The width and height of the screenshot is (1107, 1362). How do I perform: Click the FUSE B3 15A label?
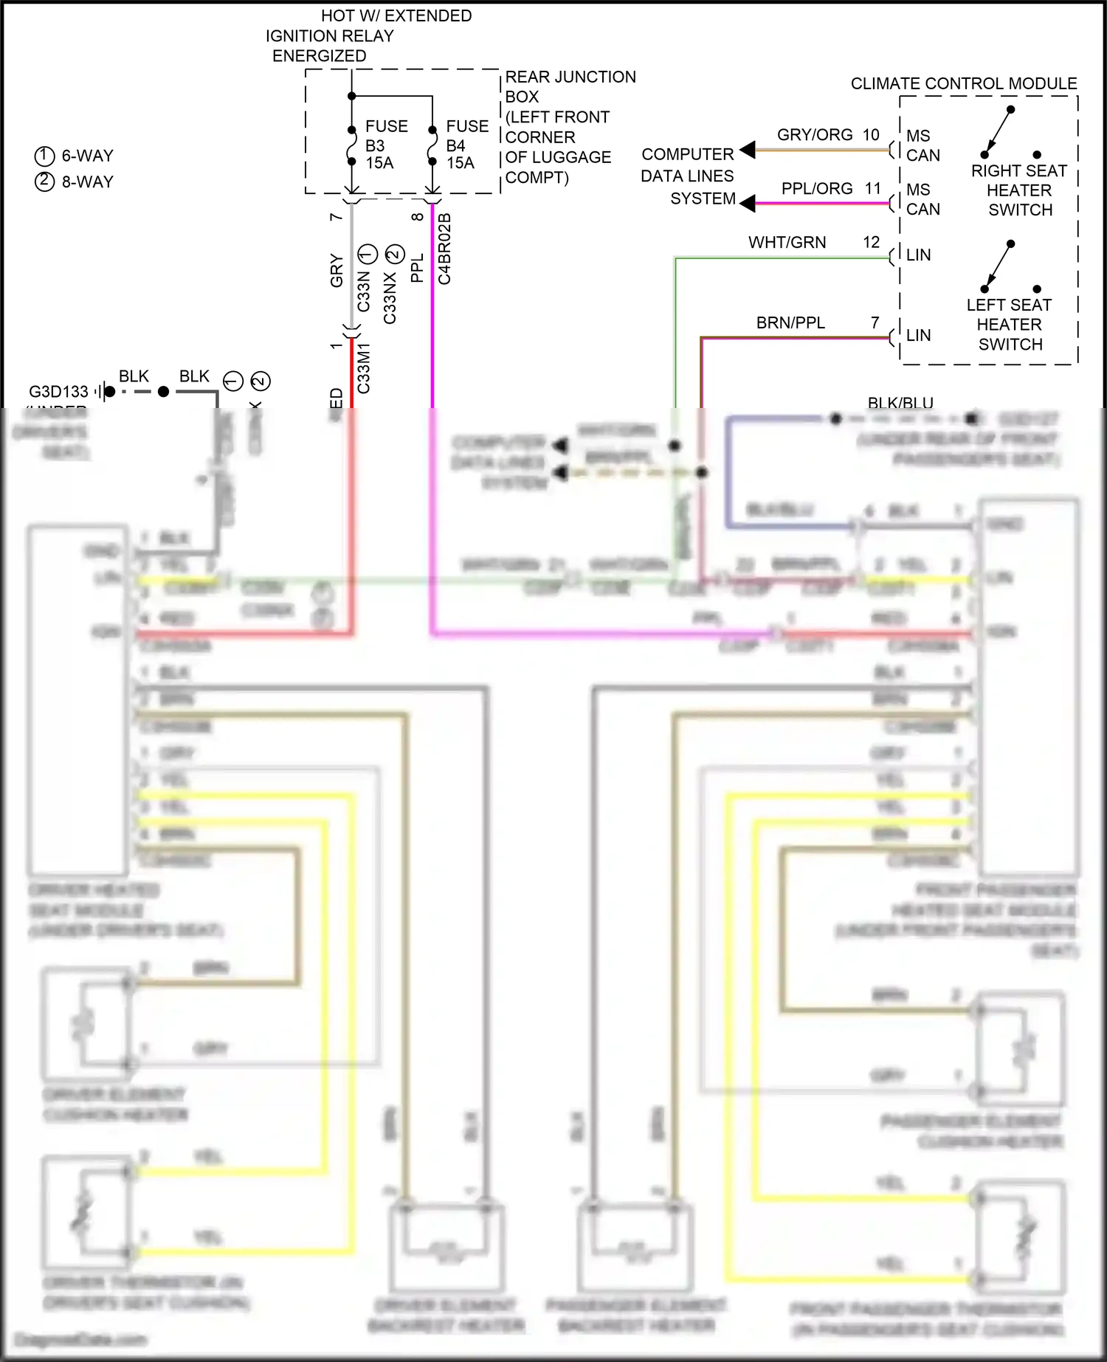pyautogui.click(x=385, y=145)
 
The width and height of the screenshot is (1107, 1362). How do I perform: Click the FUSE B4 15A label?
pyautogui.click(x=466, y=145)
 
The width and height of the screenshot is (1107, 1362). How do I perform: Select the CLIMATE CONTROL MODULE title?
pyautogui.click(x=963, y=83)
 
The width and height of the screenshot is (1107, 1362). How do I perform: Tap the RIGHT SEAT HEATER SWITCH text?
pyautogui.click(x=1019, y=190)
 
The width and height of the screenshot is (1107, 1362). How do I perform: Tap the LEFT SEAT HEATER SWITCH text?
pyautogui.click(x=1009, y=325)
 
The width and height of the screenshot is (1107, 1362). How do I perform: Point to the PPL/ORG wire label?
pyautogui.click(x=817, y=189)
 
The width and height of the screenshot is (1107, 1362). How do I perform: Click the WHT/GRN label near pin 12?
pyautogui.click(x=787, y=243)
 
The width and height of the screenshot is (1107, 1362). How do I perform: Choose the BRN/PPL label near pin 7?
pyautogui.click(x=790, y=323)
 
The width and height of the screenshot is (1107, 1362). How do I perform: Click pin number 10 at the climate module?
pyautogui.click(x=871, y=135)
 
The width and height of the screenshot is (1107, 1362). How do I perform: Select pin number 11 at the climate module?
pyautogui.click(x=873, y=189)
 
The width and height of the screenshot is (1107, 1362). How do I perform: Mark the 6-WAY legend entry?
pyautogui.click(x=75, y=156)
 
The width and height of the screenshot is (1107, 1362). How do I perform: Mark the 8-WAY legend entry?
pyautogui.click(x=75, y=182)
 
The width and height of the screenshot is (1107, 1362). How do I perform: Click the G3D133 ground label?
pyautogui.click(x=58, y=392)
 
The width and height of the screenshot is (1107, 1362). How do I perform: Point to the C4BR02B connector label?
pyautogui.click(x=444, y=249)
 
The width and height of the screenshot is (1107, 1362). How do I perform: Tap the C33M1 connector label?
pyautogui.click(x=364, y=368)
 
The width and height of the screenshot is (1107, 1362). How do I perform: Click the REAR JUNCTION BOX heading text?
pyautogui.click(x=570, y=77)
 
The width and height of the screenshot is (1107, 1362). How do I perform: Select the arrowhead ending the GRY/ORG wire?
pyautogui.click(x=748, y=150)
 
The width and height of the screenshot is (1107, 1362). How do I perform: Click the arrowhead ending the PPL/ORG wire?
pyautogui.click(x=748, y=203)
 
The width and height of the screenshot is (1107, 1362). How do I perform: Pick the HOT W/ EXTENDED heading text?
pyautogui.click(x=396, y=15)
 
